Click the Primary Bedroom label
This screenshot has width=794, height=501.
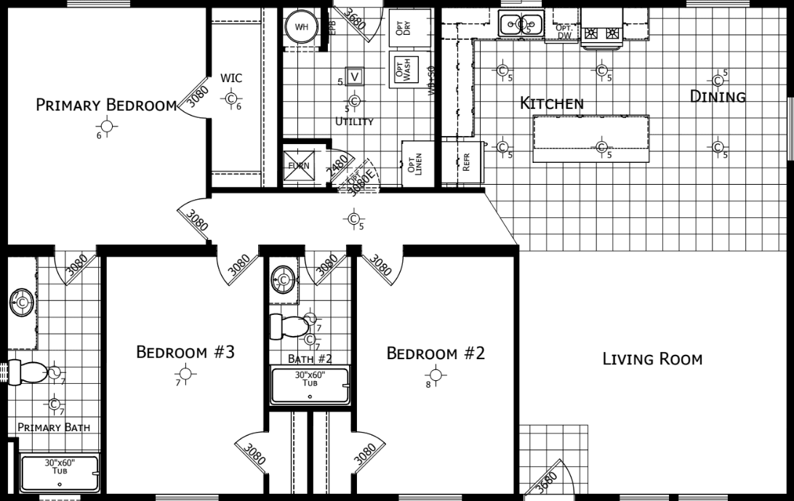pyautogui.click(x=106, y=105)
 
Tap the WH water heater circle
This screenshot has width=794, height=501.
pyautogui.click(x=302, y=28)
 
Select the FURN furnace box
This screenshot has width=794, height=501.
pyautogui.click(x=299, y=165)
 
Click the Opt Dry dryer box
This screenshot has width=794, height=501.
pyautogui.click(x=404, y=28)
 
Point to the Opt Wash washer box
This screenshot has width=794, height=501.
pyautogui.click(x=406, y=70)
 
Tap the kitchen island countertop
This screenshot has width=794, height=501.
pyautogui.click(x=590, y=139)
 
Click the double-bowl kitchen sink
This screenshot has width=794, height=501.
pyautogui.click(x=521, y=24)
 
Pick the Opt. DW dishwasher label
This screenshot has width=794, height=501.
pyautogui.click(x=564, y=32)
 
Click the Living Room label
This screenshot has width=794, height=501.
pyautogui.click(x=652, y=358)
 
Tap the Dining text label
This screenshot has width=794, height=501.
pyautogui.click(x=718, y=97)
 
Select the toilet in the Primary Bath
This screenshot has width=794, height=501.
pyautogui.click(x=31, y=373)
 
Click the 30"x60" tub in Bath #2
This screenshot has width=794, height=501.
pyautogui.click(x=310, y=385)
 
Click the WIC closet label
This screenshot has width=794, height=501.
pyautogui.click(x=231, y=79)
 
